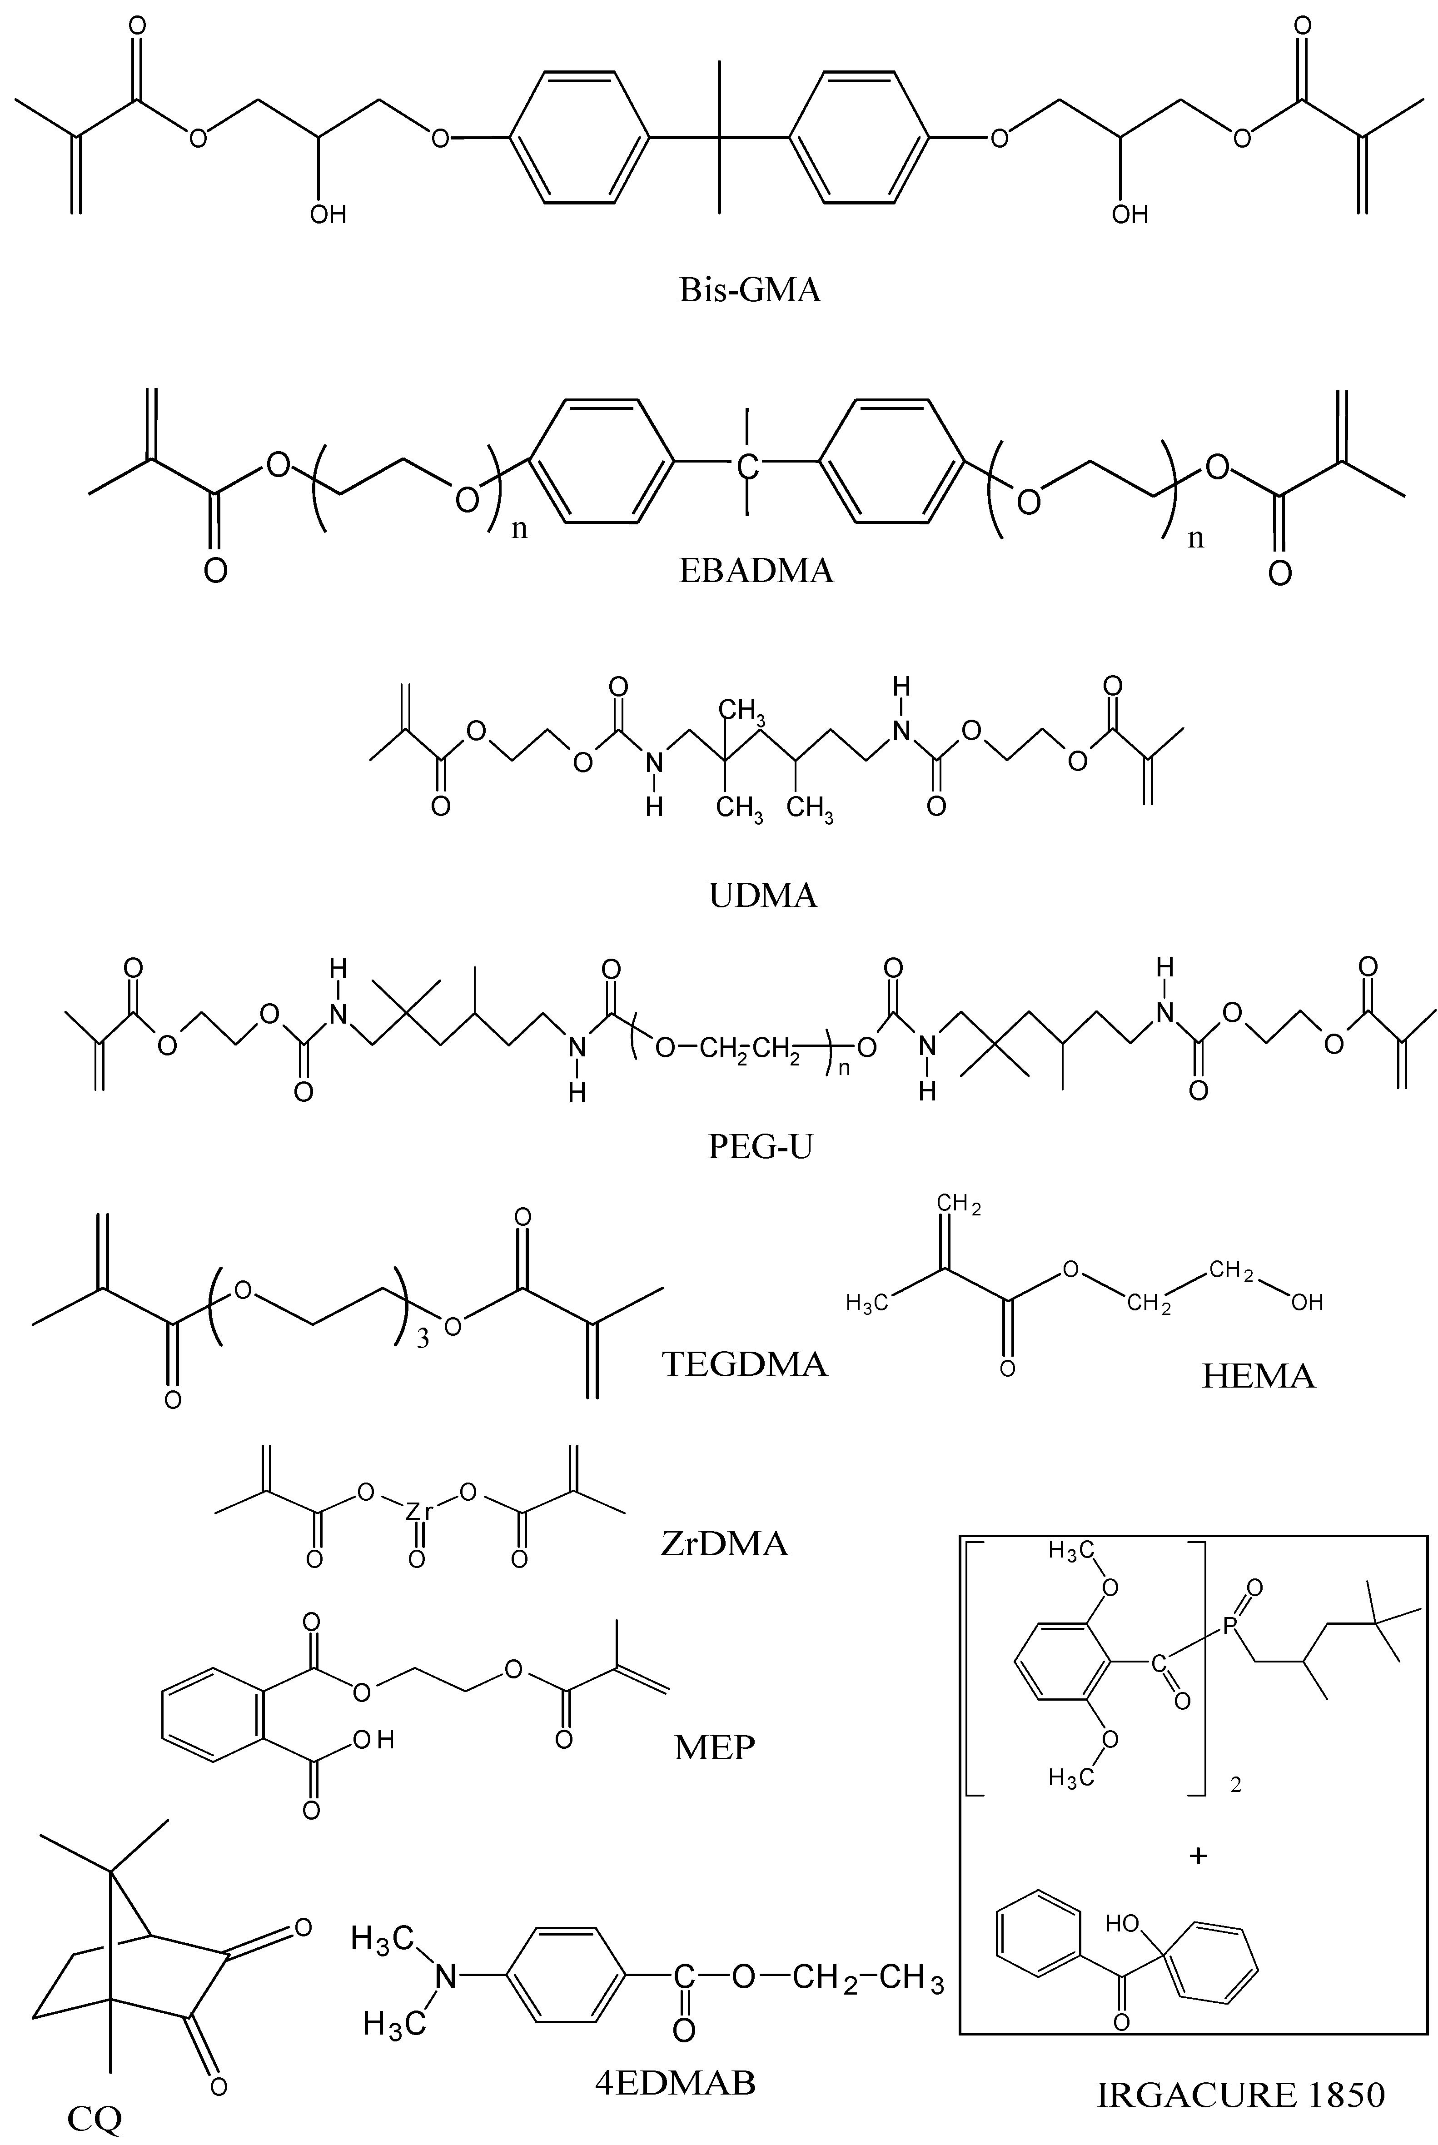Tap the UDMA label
pos(763,894)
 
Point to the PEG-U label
pos(760,1146)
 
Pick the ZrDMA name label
pos(725,1544)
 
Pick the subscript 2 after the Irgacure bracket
pos(1235,1786)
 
